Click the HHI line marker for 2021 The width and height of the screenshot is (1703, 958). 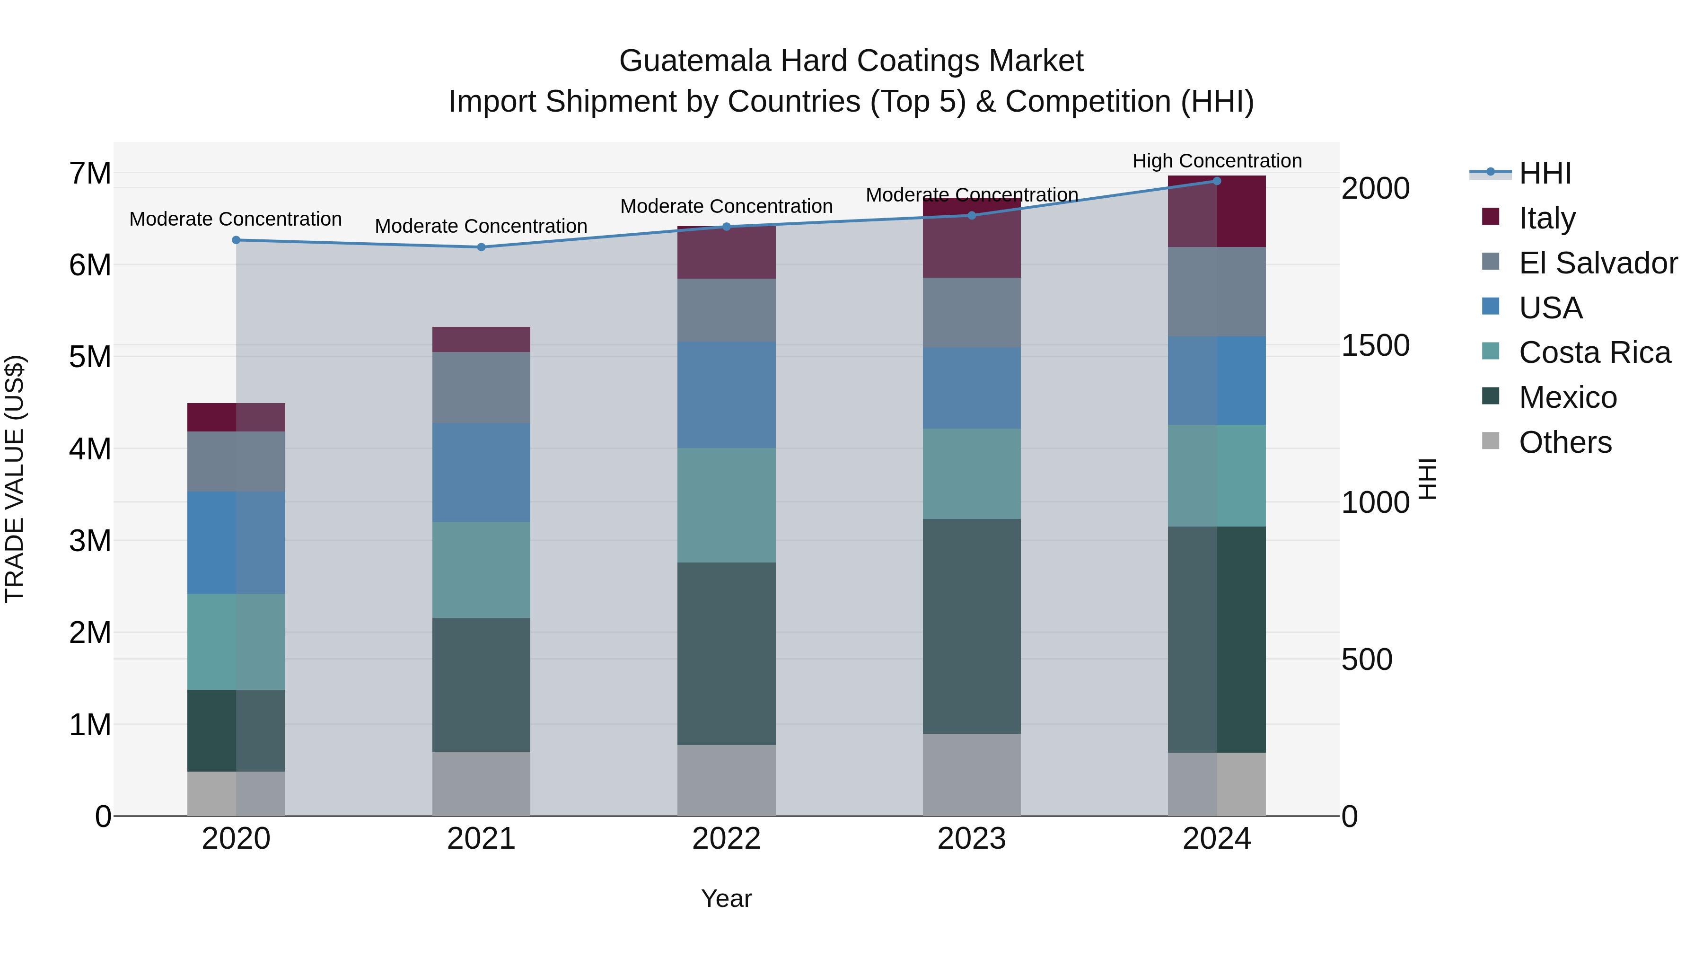click(481, 247)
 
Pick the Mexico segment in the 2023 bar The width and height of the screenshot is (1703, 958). click(971, 626)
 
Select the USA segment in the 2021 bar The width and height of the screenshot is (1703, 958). click(481, 472)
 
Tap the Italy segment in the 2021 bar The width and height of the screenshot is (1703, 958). click(481, 339)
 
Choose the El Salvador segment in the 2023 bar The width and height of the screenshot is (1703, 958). click(971, 312)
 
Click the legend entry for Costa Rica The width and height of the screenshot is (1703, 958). click(1594, 352)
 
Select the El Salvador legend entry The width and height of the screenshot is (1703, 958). click(1597, 263)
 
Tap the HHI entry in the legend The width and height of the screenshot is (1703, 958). click(1545, 173)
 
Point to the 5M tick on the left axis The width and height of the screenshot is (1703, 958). click(90, 357)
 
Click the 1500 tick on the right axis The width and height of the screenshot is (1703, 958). click(1375, 345)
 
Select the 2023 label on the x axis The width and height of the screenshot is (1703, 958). click(971, 839)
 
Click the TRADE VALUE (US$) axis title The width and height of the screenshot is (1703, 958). click(15, 479)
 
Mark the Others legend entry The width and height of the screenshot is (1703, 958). click(1564, 442)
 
